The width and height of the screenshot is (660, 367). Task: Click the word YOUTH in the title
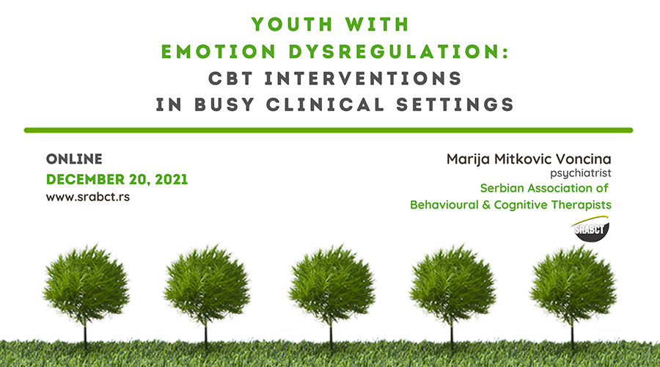[x=293, y=24]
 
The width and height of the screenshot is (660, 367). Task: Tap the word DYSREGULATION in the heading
[x=399, y=51]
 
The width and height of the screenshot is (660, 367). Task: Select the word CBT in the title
[x=231, y=79]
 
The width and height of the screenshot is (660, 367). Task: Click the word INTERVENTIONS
[x=363, y=79]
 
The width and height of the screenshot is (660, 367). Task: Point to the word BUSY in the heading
[x=224, y=104]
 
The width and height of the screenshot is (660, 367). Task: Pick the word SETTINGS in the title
[x=455, y=104]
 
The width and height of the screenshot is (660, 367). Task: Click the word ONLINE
[x=74, y=159]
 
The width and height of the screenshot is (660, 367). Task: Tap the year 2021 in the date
[x=172, y=179]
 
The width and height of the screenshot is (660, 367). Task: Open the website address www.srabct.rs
[x=88, y=197]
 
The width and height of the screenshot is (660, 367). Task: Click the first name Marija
[x=468, y=159]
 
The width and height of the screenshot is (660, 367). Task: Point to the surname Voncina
[x=584, y=159]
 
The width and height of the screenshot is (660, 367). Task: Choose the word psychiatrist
[x=581, y=173]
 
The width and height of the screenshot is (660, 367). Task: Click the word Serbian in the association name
[x=502, y=188]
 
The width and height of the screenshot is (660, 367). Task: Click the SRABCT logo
[x=591, y=229]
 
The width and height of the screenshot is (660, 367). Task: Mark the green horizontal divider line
[x=329, y=130]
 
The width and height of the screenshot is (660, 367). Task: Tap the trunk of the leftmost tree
[x=86, y=335]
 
